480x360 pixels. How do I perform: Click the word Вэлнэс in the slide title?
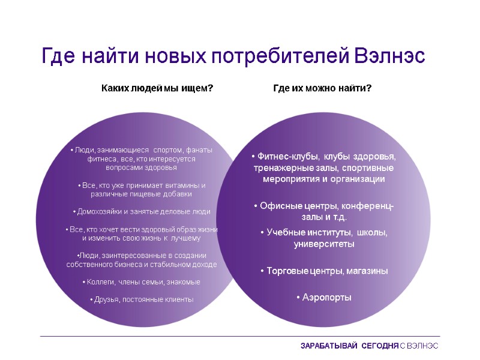coord(390,56)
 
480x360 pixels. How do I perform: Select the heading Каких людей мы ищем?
coord(157,89)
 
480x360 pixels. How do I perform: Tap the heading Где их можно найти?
coord(322,89)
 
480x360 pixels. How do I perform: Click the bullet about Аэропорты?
coord(324,298)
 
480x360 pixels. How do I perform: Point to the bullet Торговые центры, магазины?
coord(324,271)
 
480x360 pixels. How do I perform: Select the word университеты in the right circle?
coord(324,244)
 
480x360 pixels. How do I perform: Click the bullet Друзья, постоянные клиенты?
coord(142,299)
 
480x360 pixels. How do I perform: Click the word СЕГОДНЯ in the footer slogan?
coord(379,346)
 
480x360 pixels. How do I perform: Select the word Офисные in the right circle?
coord(277,206)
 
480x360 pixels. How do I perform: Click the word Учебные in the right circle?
coord(285,233)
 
